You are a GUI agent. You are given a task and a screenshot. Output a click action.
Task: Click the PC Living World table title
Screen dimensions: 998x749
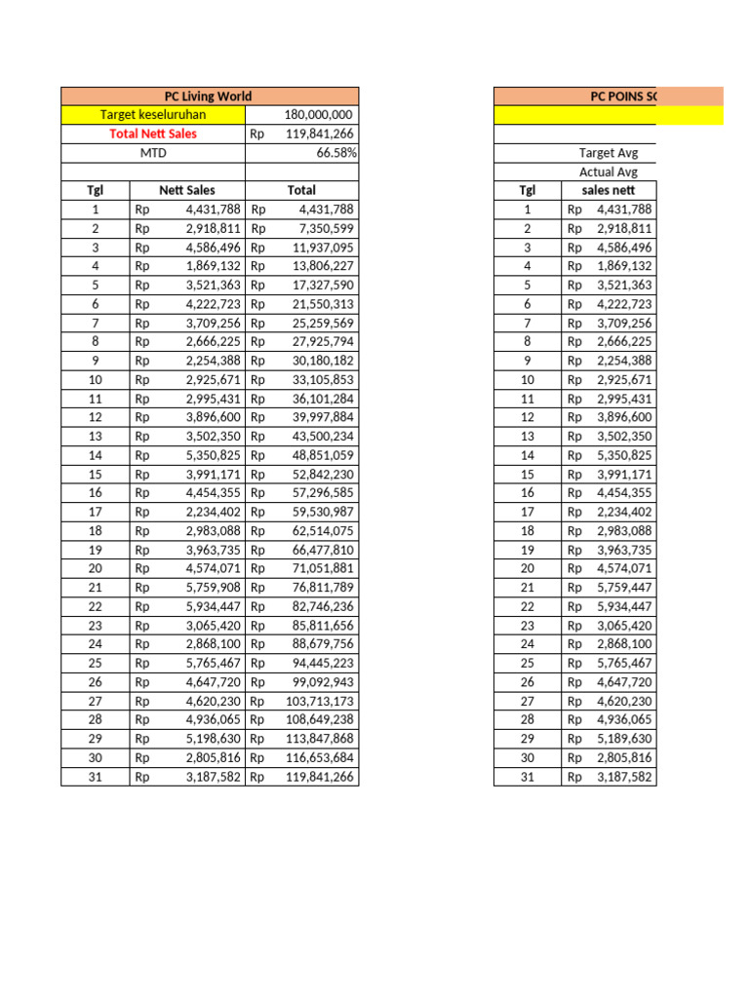pyautogui.click(x=209, y=96)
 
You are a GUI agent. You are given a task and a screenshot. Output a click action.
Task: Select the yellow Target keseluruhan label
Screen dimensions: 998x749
pyautogui.click(x=152, y=115)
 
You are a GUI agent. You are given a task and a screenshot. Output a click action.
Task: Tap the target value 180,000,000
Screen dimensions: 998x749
pyautogui.click(x=318, y=115)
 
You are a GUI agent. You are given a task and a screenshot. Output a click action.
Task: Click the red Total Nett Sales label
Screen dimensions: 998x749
pyautogui.click(x=152, y=134)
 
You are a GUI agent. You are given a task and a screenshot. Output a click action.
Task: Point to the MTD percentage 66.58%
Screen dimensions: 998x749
pyautogui.click(x=335, y=153)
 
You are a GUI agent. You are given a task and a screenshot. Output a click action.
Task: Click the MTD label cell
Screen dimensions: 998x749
pyautogui.click(x=152, y=153)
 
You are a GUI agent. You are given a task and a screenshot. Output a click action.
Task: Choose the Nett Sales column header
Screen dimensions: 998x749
pyautogui.click(x=186, y=190)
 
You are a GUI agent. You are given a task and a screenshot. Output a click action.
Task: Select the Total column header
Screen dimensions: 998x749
pyautogui.click(x=301, y=190)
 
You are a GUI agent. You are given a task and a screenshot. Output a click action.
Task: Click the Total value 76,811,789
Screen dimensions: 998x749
pyautogui.click(x=319, y=588)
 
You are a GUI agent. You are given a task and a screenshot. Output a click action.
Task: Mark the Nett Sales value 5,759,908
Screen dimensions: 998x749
pyautogui.click(x=213, y=588)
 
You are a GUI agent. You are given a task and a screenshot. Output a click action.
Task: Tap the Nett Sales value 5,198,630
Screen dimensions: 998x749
pyautogui.click(x=213, y=739)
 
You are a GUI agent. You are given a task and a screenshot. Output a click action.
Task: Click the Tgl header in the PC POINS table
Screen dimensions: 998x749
pyautogui.click(x=527, y=190)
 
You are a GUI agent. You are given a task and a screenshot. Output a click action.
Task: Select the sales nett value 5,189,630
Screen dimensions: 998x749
pyautogui.click(x=623, y=739)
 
